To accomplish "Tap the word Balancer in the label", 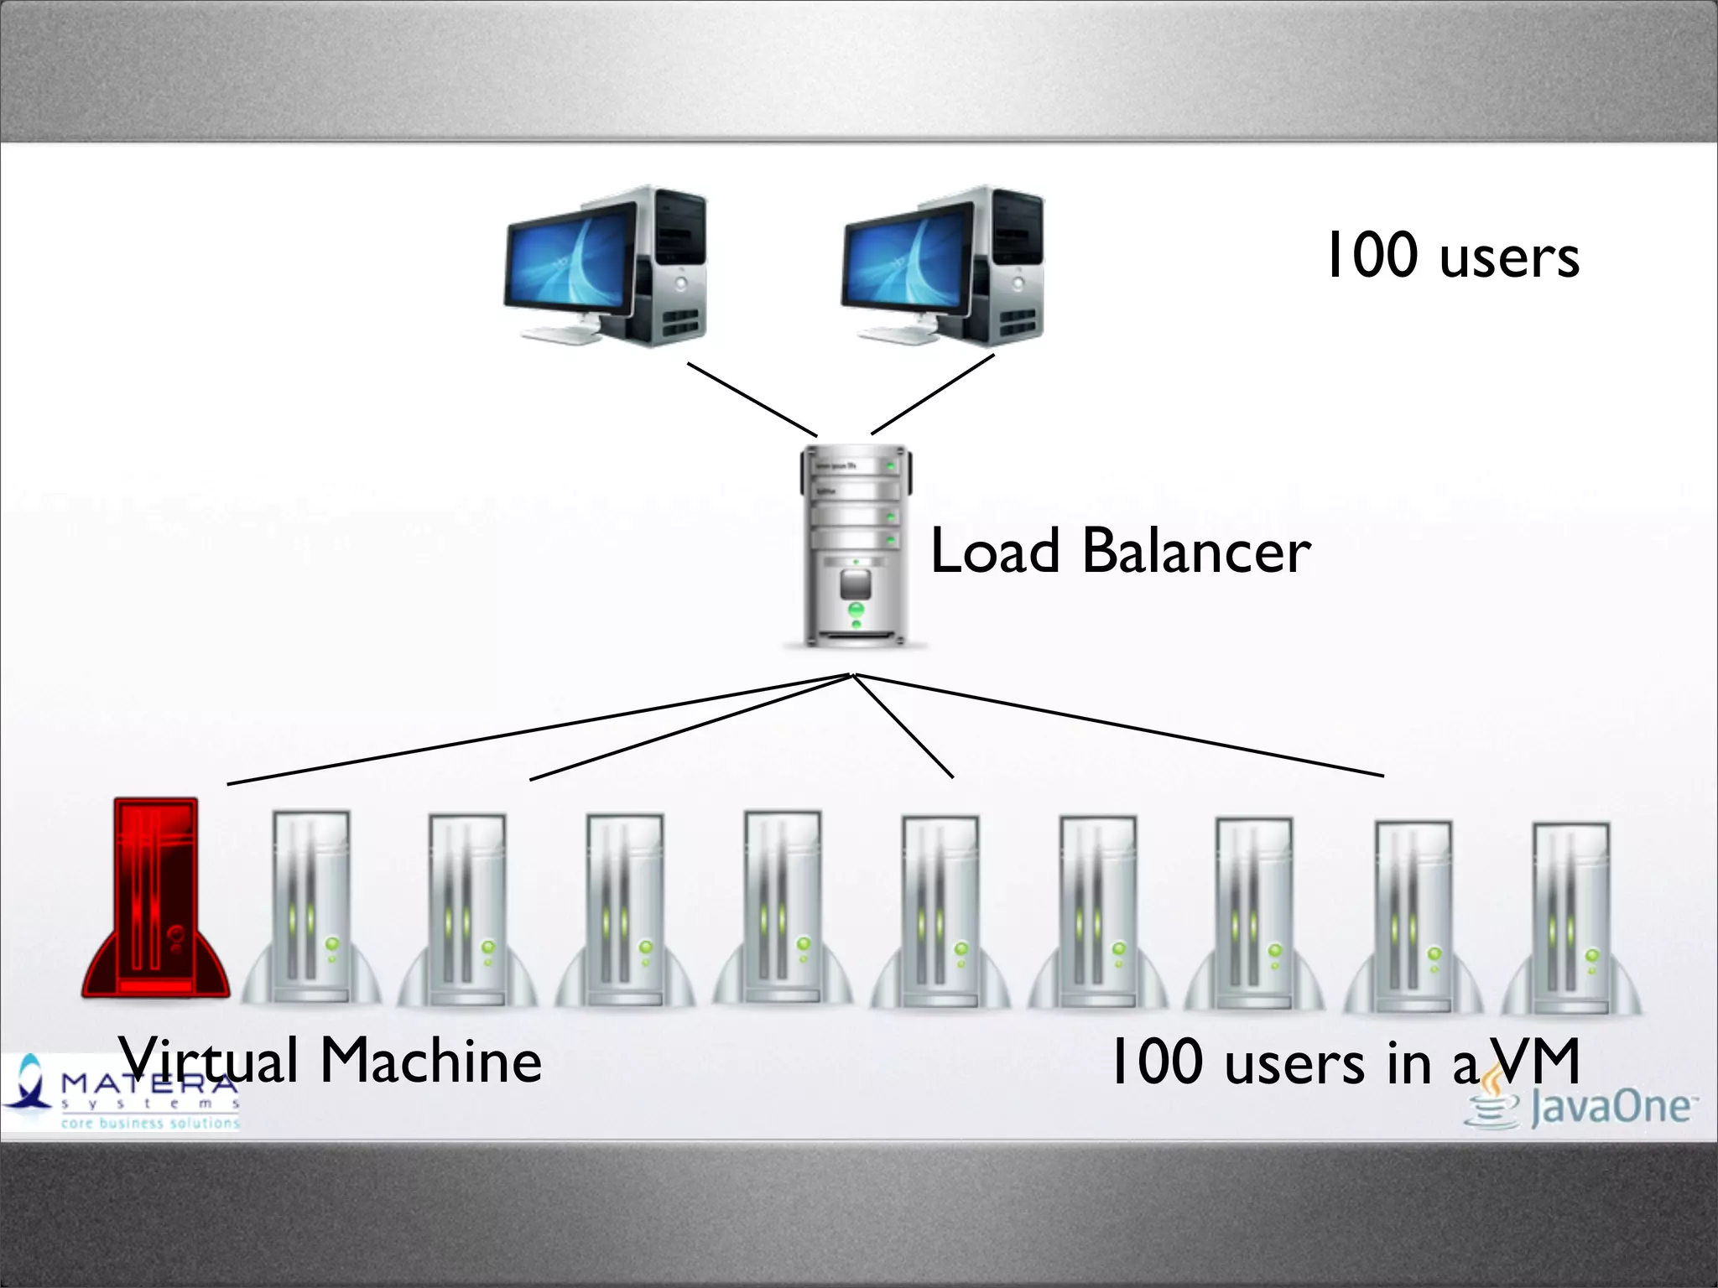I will click(1196, 552).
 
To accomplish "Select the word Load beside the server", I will click(995, 552).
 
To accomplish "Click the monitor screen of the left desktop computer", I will click(570, 260).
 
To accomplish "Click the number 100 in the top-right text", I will click(1372, 256).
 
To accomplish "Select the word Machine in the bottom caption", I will click(431, 1061).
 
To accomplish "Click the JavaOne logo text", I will click(1609, 1107).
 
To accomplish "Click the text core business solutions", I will click(149, 1123).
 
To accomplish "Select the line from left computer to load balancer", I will click(752, 399).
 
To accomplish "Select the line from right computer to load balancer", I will click(933, 394).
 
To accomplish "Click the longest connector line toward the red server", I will click(537, 730).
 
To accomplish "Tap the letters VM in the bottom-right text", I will click(1538, 1062).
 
